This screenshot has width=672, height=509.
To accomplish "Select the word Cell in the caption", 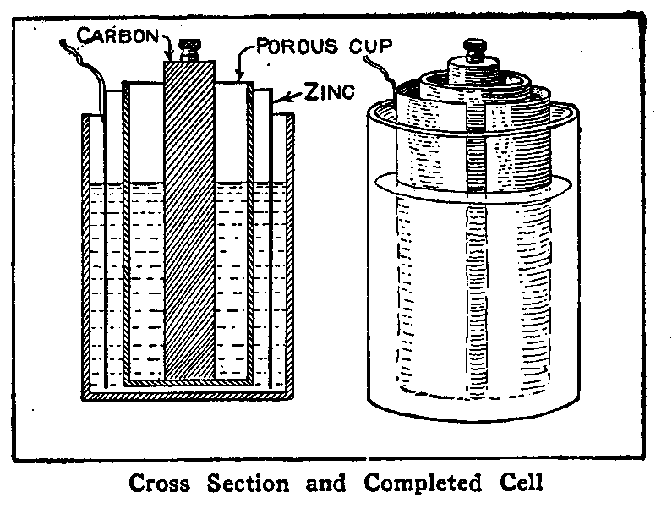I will tap(516, 484).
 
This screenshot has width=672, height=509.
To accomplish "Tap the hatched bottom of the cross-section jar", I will tap(188, 395).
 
